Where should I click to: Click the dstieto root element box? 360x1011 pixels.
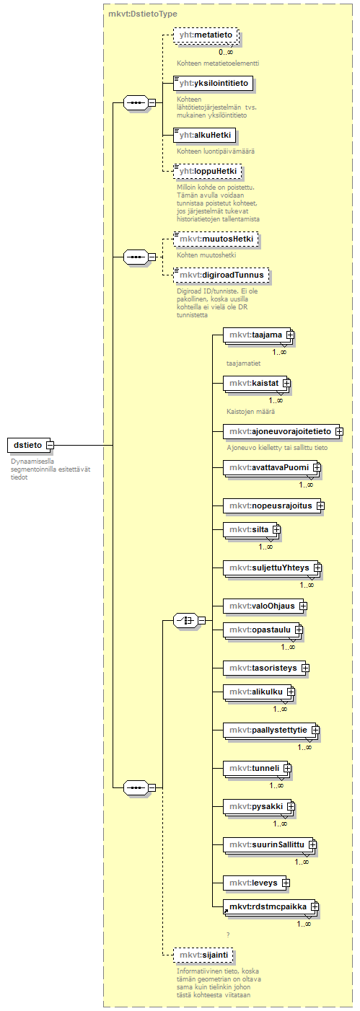tap(27, 445)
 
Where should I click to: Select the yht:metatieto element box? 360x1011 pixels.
tap(206, 35)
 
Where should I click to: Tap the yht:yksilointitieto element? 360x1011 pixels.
tap(214, 84)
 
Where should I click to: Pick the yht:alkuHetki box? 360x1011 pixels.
tap(205, 135)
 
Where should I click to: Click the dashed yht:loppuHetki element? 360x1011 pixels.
tap(208, 171)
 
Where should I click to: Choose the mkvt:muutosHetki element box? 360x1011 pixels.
tap(216, 239)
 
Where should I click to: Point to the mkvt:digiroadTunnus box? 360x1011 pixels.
tap(221, 275)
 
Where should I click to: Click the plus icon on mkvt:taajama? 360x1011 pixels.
tap(290, 335)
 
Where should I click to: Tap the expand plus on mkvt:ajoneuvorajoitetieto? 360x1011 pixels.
tap(339, 431)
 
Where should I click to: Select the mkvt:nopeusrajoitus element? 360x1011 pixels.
tap(273, 505)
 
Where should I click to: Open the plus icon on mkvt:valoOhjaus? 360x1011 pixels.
tap(303, 606)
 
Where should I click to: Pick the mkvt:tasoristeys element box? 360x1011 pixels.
tap(266, 668)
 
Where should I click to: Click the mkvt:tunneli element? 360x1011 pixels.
tap(257, 768)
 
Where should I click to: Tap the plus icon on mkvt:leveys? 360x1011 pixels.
tap(286, 883)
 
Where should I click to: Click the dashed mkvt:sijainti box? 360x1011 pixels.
tap(203, 955)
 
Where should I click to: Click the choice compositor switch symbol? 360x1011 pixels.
tap(185, 621)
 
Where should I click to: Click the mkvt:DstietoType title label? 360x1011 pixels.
tap(143, 14)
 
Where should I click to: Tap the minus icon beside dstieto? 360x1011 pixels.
tap(50, 446)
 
